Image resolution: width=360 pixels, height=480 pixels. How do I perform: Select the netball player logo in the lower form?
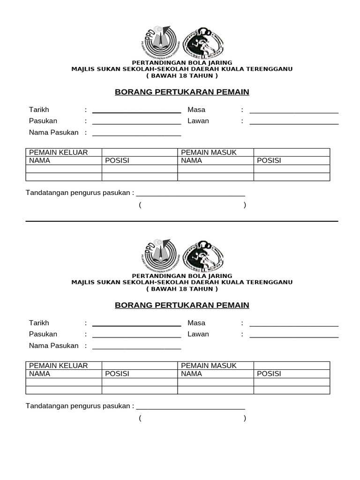click(x=202, y=256)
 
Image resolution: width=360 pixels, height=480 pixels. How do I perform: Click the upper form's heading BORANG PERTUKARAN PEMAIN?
click(x=182, y=92)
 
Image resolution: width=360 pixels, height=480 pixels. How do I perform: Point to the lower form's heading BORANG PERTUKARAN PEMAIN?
click(x=182, y=305)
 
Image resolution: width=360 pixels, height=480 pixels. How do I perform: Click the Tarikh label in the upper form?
click(x=39, y=110)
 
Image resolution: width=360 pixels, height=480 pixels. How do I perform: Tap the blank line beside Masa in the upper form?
click(x=294, y=112)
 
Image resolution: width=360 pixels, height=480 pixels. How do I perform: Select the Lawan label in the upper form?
click(x=198, y=121)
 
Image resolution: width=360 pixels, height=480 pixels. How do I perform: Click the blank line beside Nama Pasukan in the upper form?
click(x=136, y=135)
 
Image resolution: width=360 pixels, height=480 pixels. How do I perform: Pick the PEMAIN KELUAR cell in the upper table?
click(x=59, y=152)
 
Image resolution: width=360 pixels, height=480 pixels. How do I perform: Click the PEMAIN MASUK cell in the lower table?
click(x=209, y=366)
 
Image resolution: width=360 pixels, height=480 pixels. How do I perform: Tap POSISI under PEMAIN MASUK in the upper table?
click(x=269, y=160)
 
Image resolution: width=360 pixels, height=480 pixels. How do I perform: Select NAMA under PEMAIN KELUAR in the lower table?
click(x=40, y=374)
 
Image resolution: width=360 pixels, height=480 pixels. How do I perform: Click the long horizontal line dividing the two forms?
click(x=182, y=221)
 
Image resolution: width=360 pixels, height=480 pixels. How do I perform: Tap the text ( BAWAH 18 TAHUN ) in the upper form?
click(x=182, y=75)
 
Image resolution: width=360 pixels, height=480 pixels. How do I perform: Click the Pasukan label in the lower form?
click(x=43, y=334)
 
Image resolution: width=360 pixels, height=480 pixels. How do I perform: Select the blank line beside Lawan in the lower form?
click(x=294, y=337)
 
